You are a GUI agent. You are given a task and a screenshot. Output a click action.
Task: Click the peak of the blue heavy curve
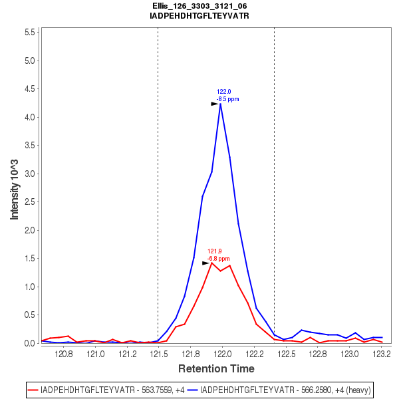(x=220, y=104)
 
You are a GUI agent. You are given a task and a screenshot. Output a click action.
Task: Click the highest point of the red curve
(x=211, y=263)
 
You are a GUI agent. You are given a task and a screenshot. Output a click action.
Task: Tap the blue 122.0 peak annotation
(x=224, y=92)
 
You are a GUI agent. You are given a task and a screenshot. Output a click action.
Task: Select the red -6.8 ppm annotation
(x=218, y=258)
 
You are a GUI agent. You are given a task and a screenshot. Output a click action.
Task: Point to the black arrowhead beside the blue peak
(x=215, y=104)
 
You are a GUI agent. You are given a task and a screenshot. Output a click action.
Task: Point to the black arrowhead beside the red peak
(x=205, y=263)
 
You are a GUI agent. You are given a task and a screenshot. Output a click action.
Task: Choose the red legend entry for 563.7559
(x=106, y=389)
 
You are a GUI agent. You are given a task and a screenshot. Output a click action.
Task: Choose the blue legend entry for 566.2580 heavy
(x=279, y=389)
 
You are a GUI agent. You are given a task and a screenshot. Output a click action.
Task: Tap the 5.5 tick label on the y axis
(x=29, y=33)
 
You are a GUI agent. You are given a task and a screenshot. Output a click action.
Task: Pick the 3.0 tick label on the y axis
(x=29, y=174)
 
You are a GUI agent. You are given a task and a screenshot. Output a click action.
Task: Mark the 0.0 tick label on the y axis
(x=29, y=344)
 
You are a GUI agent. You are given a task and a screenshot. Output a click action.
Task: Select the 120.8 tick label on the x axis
(x=64, y=353)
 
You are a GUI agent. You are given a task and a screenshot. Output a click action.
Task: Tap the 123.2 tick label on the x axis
(x=381, y=353)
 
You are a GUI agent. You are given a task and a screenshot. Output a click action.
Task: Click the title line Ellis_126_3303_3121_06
(x=199, y=6)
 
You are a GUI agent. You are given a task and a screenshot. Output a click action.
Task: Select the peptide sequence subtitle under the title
(x=199, y=15)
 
